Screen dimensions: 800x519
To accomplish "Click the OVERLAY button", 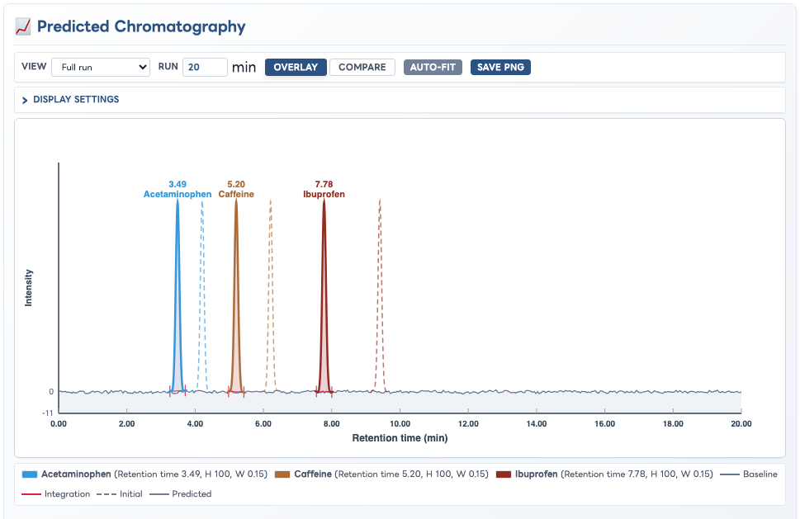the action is pos(296,68).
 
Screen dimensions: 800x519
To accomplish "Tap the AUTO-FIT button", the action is pos(433,68).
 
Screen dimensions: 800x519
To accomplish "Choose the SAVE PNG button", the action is pos(500,68).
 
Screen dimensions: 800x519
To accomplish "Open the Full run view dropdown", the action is pos(101,68).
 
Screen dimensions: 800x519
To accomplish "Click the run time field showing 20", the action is pos(205,68).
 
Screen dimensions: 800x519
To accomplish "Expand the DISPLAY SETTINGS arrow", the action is pos(25,100).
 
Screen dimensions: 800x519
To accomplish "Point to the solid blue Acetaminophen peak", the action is pos(178,295).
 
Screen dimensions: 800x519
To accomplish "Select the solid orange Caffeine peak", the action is pos(236,295).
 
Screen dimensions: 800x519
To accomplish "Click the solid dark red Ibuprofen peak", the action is pos(324,295).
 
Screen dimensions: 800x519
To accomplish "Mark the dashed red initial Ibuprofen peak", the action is pos(380,295).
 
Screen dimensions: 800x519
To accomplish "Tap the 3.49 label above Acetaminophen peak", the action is pos(178,184).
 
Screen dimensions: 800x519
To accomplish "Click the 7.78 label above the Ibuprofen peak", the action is pos(324,184).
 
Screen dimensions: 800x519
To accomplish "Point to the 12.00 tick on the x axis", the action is pos(468,423).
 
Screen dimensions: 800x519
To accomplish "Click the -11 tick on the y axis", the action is pos(47,413).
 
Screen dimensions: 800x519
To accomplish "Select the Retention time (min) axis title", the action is pos(400,438).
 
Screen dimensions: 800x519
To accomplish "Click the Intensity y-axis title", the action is pos(29,287).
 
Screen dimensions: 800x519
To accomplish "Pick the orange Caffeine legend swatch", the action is pos(282,474).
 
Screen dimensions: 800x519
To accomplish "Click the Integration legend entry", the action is pos(55,494).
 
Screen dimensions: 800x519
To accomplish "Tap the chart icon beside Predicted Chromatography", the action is pos(23,26).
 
